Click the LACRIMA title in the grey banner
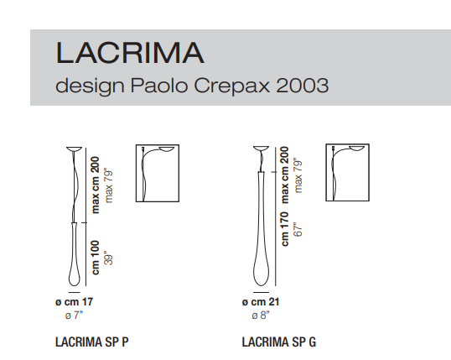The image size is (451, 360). [130, 52]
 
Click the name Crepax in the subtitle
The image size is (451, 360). [232, 86]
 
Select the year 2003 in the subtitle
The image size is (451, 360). [302, 86]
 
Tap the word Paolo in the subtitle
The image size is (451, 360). [159, 86]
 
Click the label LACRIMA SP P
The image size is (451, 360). [91, 342]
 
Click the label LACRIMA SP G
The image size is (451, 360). [278, 342]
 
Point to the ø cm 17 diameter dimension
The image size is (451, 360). [75, 301]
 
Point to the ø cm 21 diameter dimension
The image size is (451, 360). [261, 301]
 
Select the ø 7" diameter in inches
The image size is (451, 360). [74, 316]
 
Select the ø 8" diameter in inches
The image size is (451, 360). [261, 316]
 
